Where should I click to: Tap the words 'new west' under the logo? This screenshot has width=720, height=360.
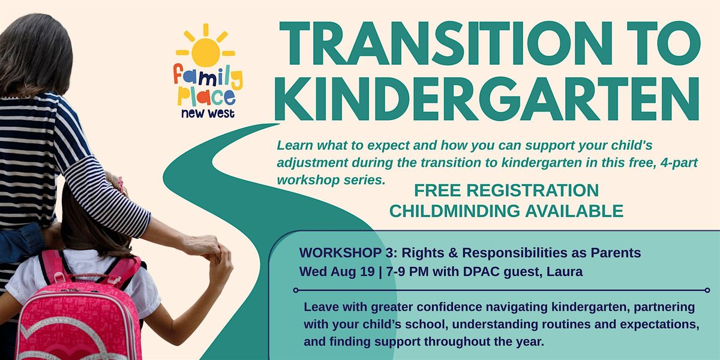pos(208,113)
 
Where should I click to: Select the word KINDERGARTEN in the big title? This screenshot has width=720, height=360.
pos(487,98)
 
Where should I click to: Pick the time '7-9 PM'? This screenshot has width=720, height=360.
pos(407,272)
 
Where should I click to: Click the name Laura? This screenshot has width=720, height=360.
pos(565,272)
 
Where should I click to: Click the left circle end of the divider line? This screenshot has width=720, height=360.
pos(296,290)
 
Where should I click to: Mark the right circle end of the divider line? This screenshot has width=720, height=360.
pos(707,290)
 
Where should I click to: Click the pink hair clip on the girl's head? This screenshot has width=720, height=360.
pos(121,185)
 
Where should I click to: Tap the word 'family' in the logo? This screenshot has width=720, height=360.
pos(208,77)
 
